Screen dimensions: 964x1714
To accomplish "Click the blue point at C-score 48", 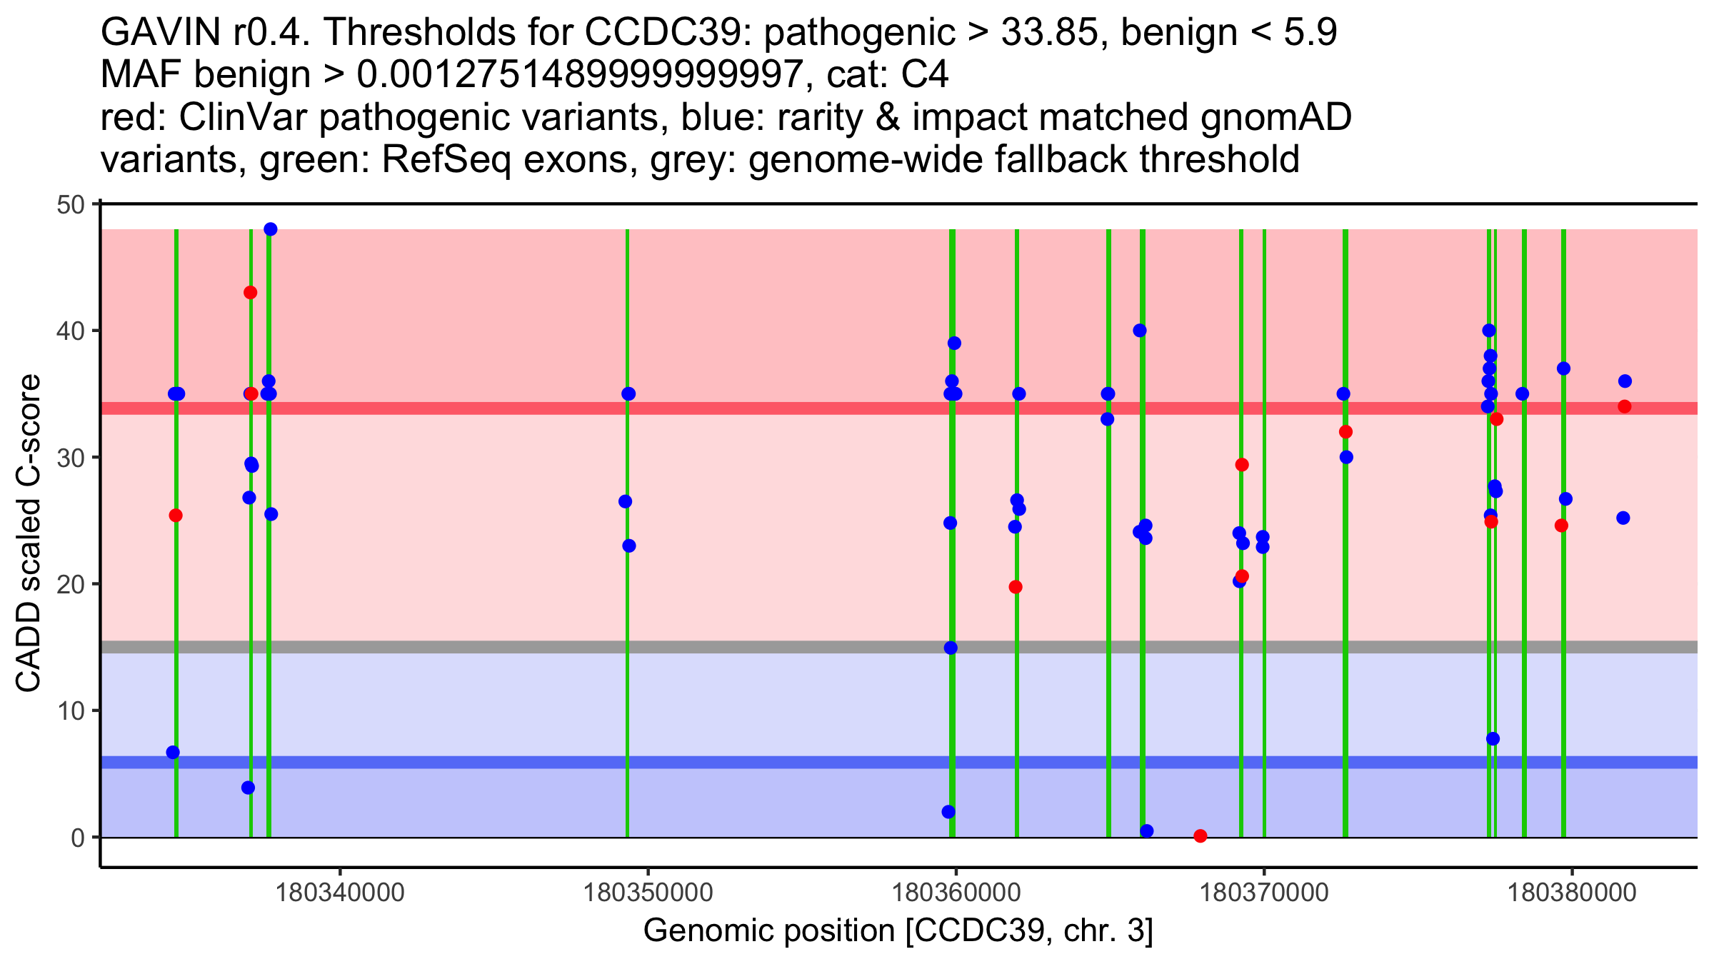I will coord(271,229).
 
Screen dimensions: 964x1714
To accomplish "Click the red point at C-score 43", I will coord(250,293).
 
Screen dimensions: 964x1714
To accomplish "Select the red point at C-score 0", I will coord(1201,836).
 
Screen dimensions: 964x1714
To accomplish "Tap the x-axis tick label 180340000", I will coord(340,893).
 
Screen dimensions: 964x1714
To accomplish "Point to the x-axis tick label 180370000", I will coord(1264,893).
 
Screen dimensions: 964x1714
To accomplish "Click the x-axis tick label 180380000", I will coord(1572,893).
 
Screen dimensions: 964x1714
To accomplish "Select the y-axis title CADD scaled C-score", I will coord(29,534).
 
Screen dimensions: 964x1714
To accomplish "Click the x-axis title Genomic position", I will coord(898,931).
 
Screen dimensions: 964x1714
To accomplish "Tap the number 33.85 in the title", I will coord(1053,33).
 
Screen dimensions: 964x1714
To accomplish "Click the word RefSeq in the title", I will coord(446,159).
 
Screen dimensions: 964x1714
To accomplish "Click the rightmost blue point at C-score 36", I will coord(1625,381).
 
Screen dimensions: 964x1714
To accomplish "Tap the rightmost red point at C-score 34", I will coord(1625,406).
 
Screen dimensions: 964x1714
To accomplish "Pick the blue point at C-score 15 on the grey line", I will coord(951,648).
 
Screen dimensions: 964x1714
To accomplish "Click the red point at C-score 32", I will coord(1346,432).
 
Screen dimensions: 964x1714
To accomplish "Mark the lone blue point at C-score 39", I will coord(954,343).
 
